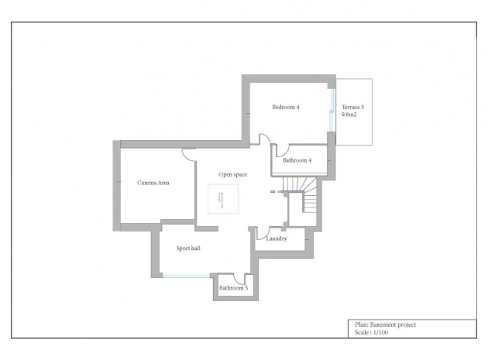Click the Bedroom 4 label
click(x=285, y=107)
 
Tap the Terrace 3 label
click(x=354, y=105)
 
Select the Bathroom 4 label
click(x=297, y=160)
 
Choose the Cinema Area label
click(x=153, y=183)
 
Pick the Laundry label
click(x=277, y=238)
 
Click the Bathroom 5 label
click(x=233, y=289)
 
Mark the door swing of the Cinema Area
click(x=188, y=154)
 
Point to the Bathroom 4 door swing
click(x=283, y=150)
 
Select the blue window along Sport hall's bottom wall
click(x=185, y=276)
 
